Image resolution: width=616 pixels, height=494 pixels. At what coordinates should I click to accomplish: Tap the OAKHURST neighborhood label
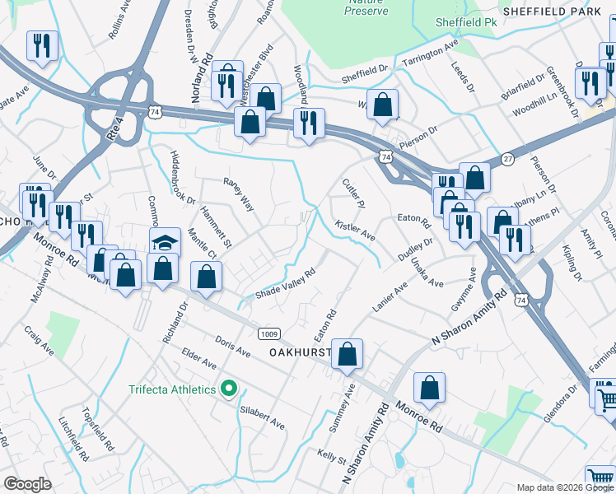tap(299, 352)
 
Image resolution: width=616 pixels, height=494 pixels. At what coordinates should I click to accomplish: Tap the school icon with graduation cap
tap(165, 242)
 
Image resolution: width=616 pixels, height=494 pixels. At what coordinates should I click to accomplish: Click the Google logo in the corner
tap(27, 483)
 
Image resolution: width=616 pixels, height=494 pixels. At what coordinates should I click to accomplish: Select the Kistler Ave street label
tap(356, 231)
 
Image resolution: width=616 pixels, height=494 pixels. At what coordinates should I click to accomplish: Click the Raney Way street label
tap(238, 194)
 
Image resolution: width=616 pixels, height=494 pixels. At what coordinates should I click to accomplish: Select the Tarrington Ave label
tap(429, 54)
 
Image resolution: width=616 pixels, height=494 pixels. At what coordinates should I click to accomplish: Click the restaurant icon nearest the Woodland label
tap(309, 124)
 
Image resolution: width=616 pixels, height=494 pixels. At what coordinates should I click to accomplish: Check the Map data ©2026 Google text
tap(564, 487)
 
